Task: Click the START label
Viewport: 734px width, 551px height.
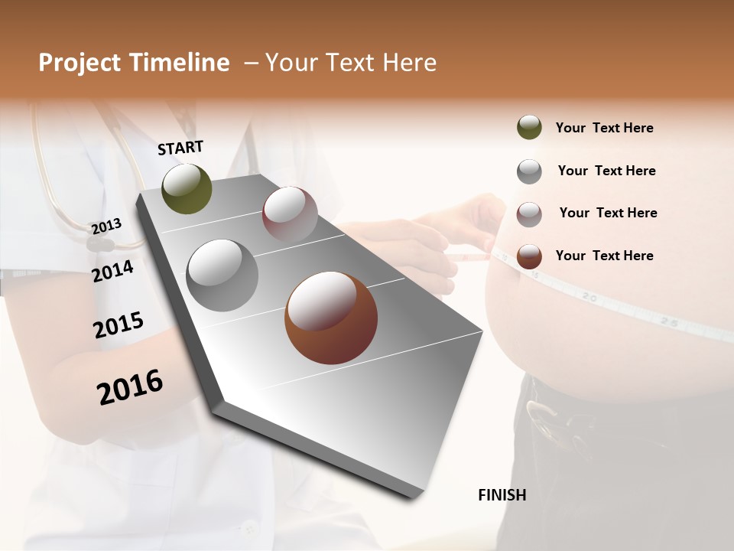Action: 180,148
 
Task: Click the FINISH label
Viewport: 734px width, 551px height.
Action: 502,495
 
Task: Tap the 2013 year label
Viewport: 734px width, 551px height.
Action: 106,226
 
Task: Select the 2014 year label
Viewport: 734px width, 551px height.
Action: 112,271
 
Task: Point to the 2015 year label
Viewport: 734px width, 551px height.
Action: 118,325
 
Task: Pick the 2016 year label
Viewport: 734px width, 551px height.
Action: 130,387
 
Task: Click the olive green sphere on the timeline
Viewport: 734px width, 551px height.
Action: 187,189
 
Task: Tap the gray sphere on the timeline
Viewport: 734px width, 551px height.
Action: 222,275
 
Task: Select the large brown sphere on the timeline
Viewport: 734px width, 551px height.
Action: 330,318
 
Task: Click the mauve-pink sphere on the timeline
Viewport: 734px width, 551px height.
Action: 290,214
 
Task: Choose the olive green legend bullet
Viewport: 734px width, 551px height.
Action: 529,128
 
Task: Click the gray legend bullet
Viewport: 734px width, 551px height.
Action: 529,171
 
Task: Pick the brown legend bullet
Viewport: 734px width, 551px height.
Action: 529,256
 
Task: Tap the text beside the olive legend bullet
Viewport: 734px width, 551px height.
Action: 604,128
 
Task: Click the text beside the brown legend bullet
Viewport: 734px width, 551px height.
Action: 604,256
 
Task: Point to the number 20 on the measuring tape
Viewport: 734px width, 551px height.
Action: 589,295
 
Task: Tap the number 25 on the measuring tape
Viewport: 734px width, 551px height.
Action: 669,323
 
